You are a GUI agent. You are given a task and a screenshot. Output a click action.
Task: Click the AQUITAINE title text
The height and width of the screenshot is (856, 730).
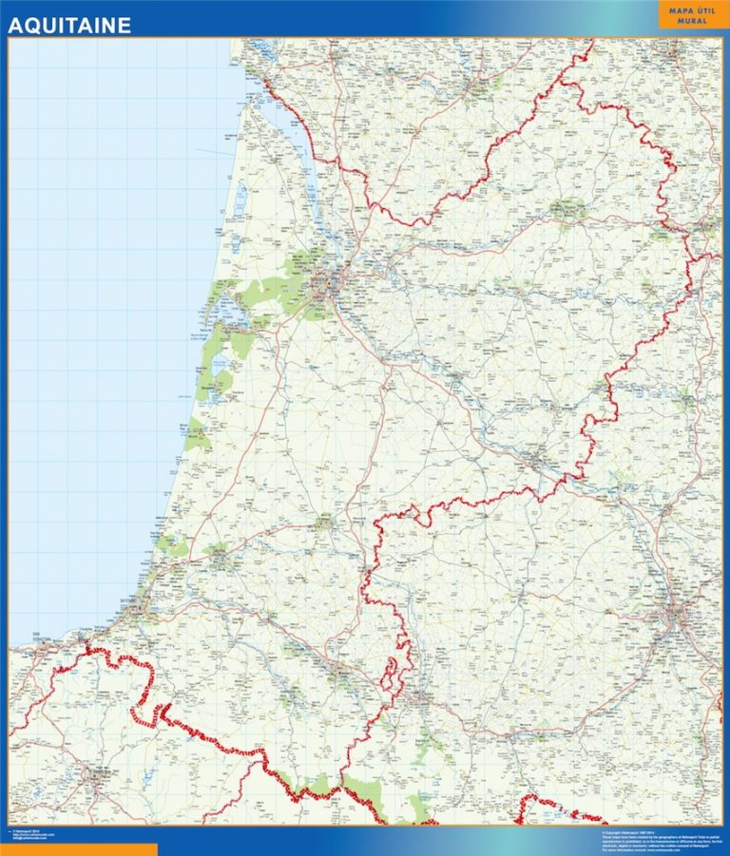coord(69,26)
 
